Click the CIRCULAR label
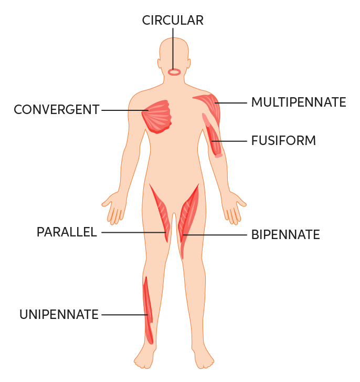[173, 20]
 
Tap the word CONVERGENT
[57, 110]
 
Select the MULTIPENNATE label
[298, 102]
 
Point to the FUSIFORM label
[283, 141]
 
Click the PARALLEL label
[67, 232]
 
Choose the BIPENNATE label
[285, 234]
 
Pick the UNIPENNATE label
[59, 315]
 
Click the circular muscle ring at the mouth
[174, 72]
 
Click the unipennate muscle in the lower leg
[148, 310]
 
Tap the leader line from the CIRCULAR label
[173, 47]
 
